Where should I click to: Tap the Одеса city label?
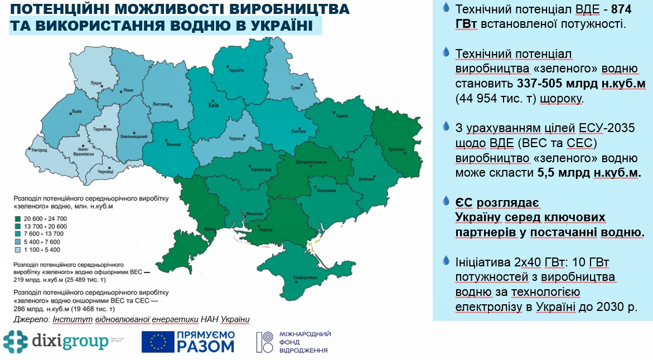pos(210,228)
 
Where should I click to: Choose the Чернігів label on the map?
pos(236,71)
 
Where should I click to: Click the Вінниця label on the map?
pos(173,144)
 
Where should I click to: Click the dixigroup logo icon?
pos(15,341)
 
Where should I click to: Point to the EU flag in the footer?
pos(156,342)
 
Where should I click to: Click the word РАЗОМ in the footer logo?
pos(206,347)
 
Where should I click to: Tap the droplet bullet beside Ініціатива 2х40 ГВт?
pos(446,260)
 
